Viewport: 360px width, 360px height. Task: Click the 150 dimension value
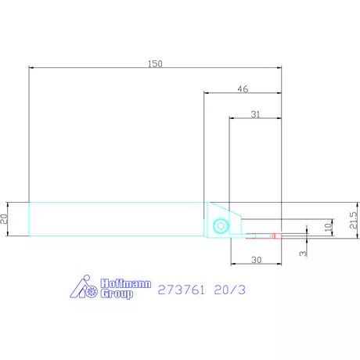[155, 63]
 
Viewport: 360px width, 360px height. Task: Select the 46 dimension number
[243, 89]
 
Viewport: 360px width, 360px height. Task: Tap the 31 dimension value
[255, 114]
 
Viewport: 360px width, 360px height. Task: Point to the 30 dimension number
[256, 260]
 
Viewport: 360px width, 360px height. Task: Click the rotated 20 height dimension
[4, 218]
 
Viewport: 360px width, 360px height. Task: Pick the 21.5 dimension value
[353, 220]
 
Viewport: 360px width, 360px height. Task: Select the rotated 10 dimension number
[329, 227]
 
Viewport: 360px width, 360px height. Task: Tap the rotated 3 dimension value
[303, 254]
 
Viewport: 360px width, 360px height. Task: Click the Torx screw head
[221, 226]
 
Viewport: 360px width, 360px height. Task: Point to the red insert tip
[276, 236]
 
